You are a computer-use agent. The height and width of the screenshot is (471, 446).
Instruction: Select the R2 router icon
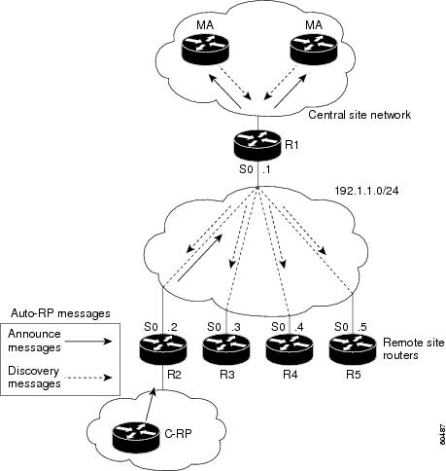tap(163, 349)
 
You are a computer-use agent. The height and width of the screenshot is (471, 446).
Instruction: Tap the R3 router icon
tap(226, 349)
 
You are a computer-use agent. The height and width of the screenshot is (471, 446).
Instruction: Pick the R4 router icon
tap(290, 349)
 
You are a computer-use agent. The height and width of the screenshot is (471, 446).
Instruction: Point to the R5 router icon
tap(353, 349)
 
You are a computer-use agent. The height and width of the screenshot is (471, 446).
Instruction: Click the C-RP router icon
tap(136, 437)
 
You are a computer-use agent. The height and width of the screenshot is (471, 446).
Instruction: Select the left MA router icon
tap(205, 50)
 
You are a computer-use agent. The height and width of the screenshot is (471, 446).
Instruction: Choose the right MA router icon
tap(314, 50)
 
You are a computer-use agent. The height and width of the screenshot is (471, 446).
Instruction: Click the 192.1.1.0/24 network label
tap(366, 191)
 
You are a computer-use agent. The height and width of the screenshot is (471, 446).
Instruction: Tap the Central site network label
tap(360, 115)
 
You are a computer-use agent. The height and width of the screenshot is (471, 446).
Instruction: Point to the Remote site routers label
tap(413, 348)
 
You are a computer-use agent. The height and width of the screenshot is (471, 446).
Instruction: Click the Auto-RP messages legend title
tap(60, 313)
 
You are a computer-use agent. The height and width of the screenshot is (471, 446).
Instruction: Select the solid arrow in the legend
tap(88, 341)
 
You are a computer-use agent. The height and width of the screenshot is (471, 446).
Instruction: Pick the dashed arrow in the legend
tap(88, 378)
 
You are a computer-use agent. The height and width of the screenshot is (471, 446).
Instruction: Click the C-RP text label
tap(178, 433)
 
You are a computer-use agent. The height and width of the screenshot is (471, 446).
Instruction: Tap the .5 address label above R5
tap(360, 327)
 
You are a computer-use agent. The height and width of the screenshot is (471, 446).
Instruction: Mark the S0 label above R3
tap(214, 327)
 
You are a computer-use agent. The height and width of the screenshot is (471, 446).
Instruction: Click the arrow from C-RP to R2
tap(150, 407)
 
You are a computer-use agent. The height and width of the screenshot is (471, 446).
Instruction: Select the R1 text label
tap(292, 145)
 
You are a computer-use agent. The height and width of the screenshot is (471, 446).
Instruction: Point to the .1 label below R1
tap(266, 169)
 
